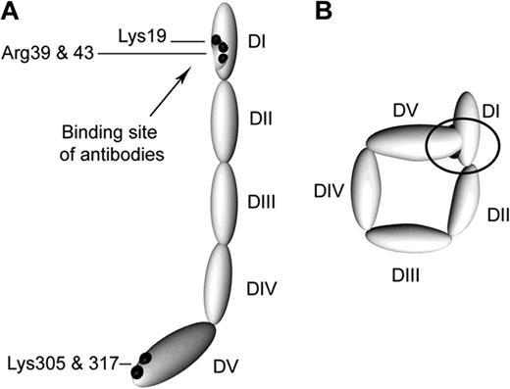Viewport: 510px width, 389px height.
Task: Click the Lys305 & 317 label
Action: click(x=59, y=365)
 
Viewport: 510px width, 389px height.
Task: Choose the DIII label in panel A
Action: click(x=261, y=202)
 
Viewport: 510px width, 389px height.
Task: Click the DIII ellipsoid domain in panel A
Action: click(x=225, y=201)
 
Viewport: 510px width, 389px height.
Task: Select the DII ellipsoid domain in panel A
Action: click(x=225, y=118)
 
